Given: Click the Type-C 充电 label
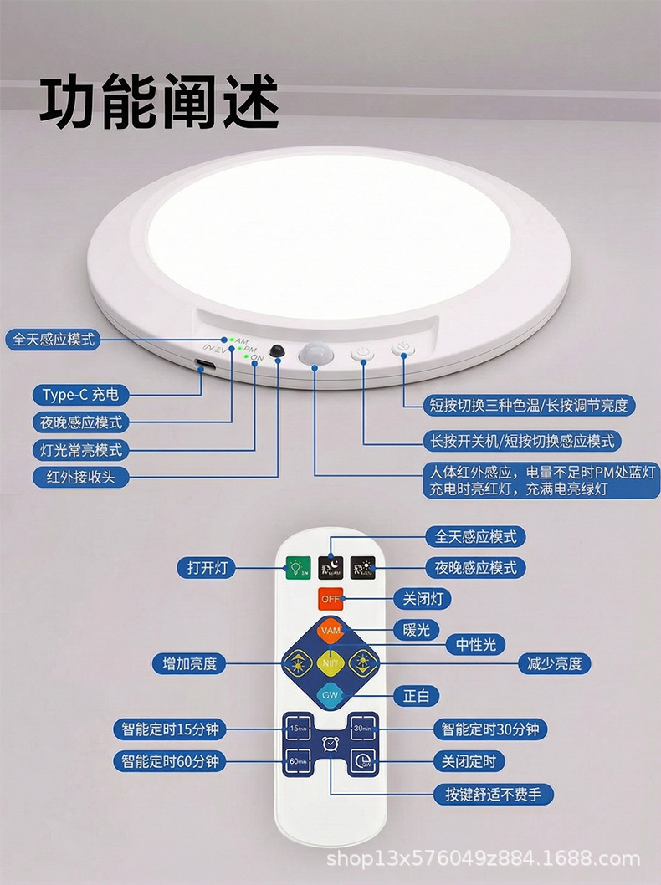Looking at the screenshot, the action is [81, 394].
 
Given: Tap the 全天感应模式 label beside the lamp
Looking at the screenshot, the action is [53, 340].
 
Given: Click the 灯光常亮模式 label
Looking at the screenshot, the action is [81, 450].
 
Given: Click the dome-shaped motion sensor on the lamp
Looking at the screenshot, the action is [315, 354].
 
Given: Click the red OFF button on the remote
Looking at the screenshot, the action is [330, 600].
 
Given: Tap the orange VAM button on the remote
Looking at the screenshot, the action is [329, 630].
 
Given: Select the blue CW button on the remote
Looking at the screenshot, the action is [329, 693].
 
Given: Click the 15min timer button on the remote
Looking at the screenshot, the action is [298, 729].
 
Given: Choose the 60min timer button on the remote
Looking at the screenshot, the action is [298, 761].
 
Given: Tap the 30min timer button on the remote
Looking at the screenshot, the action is [362, 729].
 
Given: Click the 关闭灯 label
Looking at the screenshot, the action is [428, 599].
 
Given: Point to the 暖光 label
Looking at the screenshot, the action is [416, 630].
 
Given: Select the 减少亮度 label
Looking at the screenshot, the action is [555, 664].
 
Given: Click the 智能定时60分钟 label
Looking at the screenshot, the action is [170, 761].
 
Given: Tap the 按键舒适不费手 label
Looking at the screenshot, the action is [493, 794].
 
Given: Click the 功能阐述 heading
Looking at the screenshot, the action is [159, 102].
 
